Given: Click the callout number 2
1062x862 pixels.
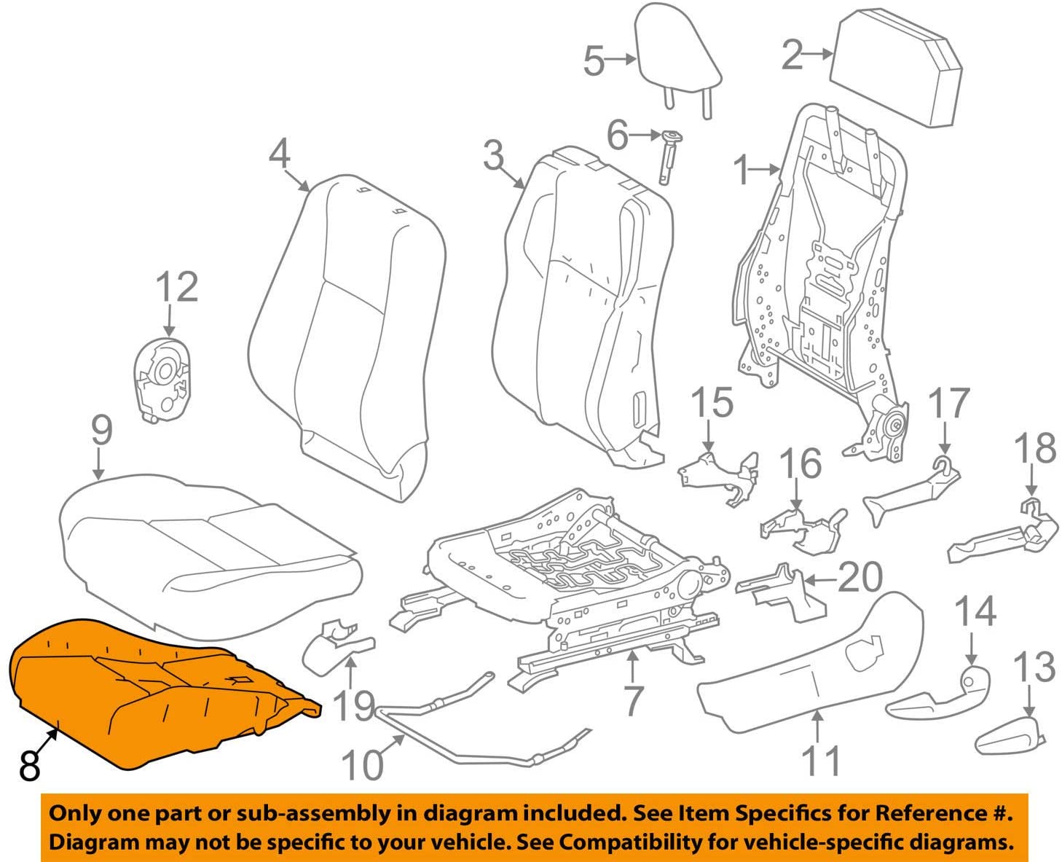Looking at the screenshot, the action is (792, 55).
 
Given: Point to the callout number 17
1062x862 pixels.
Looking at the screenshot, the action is (949, 403).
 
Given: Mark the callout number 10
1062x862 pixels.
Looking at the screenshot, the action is (363, 765).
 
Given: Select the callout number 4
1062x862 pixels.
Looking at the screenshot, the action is (280, 154).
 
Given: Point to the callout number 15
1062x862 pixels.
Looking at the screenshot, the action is (712, 401).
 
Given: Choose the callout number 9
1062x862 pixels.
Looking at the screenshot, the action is (102, 431).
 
